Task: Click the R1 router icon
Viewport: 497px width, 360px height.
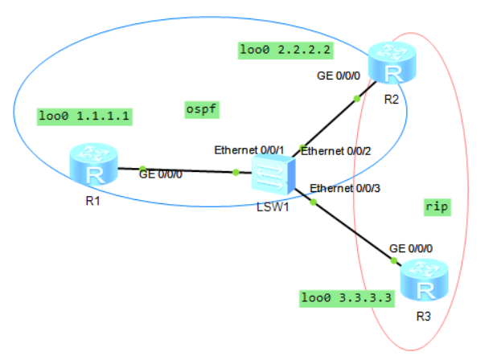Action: [93, 164]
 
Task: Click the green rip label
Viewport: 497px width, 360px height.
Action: [436, 207]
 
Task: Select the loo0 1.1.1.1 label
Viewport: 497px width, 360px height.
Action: [84, 116]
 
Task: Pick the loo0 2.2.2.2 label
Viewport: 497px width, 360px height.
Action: [286, 50]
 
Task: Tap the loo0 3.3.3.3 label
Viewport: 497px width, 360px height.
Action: [347, 298]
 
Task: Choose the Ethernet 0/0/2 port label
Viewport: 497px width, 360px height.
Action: [336, 150]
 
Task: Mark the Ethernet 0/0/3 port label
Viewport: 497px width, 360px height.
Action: [345, 188]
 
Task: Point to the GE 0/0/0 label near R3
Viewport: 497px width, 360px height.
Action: [411, 249]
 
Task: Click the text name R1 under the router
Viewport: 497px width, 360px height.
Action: [93, 200]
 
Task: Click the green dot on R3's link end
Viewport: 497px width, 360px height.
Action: [395, 260]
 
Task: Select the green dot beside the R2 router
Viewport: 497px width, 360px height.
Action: [357, 99]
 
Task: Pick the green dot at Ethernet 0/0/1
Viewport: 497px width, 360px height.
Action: [236, 172]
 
